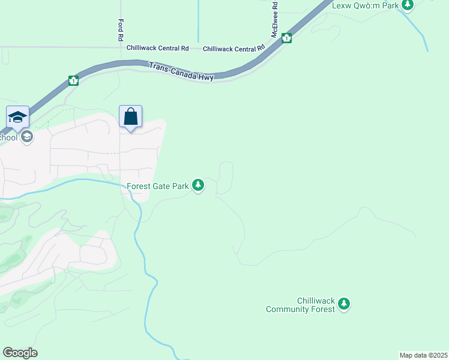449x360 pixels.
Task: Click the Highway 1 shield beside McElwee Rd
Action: tap(287, 38)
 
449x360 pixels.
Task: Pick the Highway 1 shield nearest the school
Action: tap(73, 80)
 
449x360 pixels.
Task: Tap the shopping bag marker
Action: tap(130, 117)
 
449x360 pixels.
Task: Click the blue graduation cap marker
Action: tap(17, 117)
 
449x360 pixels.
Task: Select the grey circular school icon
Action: tap(26, 137)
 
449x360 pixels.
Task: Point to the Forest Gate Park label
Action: tap(158, 187)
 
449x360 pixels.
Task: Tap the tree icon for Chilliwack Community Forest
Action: tap(344, 304)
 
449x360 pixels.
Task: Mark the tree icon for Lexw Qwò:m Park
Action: tap(408, 4)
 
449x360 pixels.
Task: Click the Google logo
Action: tap(20, 353)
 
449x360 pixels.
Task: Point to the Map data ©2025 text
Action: tap(423, 355)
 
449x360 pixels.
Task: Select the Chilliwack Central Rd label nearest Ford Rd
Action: tap(157, 48)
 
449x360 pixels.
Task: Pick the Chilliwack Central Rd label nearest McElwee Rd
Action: tap(234, 48)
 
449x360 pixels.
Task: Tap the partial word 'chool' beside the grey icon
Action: tap(8, 137)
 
